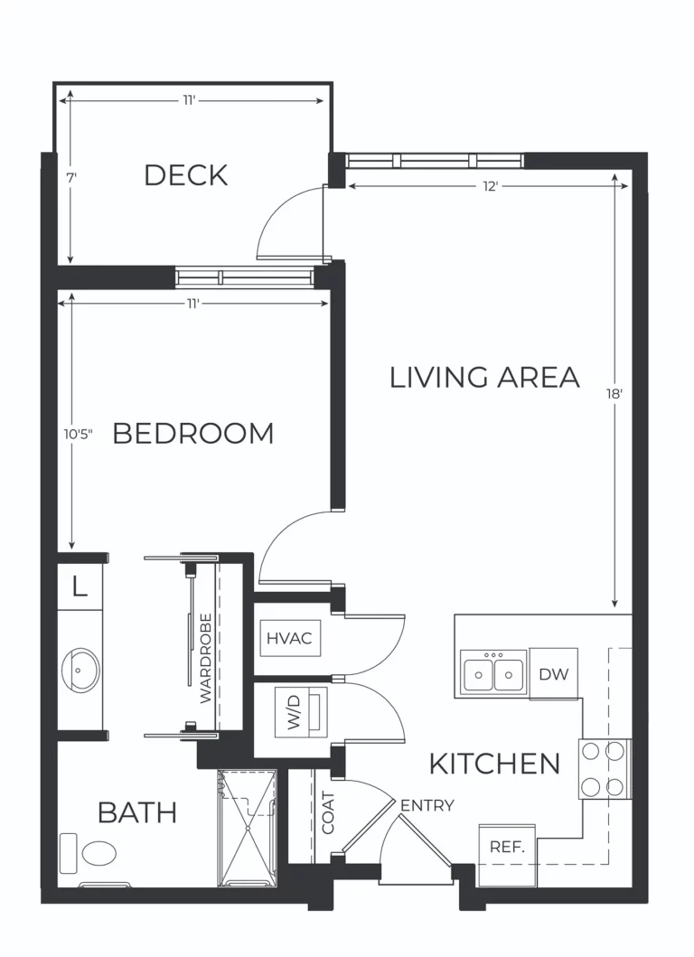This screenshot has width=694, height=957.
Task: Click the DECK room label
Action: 186,174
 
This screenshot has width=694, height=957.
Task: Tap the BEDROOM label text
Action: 192,434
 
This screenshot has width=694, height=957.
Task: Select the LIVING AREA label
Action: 484,377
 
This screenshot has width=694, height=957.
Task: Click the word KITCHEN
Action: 494,764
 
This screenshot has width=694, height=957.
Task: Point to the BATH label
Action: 137,812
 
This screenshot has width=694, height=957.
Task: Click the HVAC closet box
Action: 289,638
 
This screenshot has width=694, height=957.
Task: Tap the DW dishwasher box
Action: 553,673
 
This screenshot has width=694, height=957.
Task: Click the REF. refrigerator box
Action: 507,848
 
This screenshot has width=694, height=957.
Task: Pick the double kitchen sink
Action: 493,672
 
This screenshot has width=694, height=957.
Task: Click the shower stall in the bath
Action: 247,827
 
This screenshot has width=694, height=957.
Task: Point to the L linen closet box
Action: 80,587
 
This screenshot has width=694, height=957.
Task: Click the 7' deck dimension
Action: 71,178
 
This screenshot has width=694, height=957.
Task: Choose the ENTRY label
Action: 427,805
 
